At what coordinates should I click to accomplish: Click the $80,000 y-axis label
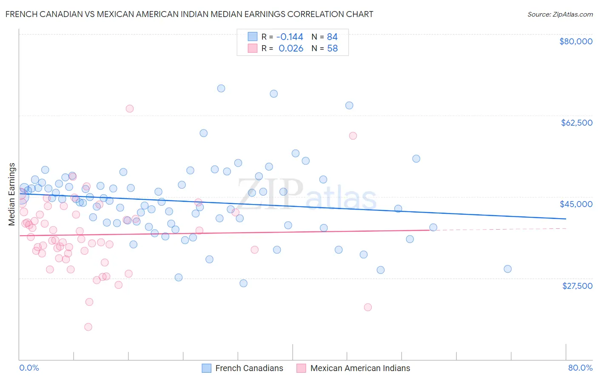pyautogui.click(x=575, y=41)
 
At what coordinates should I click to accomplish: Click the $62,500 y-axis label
pyautogui.click(x=576, y=123)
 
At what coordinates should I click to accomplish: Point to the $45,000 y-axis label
pyautogui.click(x=576, y=204)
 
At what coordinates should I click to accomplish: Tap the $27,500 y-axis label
pyautogui.click(x=577, y=286)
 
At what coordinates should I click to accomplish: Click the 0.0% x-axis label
pyautogui.click(x=29, y=368)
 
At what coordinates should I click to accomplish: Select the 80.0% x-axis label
pyautogui.click(x=580, y=368)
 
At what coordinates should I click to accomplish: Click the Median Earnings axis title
pyautogui.click(x=12, y=194)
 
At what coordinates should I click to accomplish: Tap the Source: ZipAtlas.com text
pyautogui.click(x=560, y=14)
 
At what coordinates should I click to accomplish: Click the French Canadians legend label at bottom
pyautogui.click(x=249, y=368)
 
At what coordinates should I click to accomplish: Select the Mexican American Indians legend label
pyautogui.click(x=360, y=368)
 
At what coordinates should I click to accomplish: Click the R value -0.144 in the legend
pyautogui.click(x=290, y=37)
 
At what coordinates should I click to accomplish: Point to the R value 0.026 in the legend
pyautogui.click(x=291, y=49)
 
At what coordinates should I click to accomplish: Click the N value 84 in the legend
pyautogui.click(x=332, y=37)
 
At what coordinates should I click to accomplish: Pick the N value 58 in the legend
pyautogui.click(x=332, y=49)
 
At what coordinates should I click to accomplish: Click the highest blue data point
pyautogui.click(x=221, y=89)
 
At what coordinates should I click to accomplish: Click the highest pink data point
pyautogui.click(x=130, y=109)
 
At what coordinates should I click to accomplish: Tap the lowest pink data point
pyautogui.click(x=88, y=327)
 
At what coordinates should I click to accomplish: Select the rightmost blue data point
pyautogui.click(x=507, y=269)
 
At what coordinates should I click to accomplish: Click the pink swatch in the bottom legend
pyautogui.click(x=301, y=368)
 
